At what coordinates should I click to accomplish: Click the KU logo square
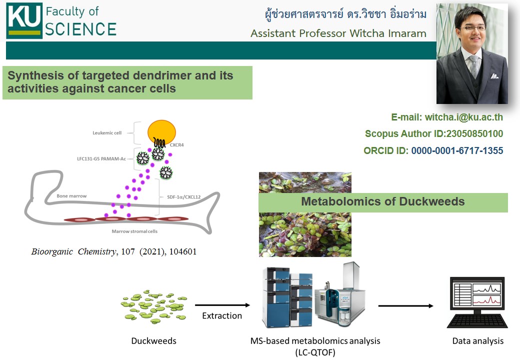point(24,21)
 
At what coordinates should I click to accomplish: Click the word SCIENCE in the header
point(80,29)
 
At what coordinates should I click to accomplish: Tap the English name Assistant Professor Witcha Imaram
point(338,33)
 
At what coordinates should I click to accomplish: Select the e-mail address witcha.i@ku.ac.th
point(464,117)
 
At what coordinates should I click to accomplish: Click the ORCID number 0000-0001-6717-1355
point(457,150)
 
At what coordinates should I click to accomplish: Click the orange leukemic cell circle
point(161,132)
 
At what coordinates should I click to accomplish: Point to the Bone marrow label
point(71,196)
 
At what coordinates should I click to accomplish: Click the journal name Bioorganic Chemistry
point(73,252)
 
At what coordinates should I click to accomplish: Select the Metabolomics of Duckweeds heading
point(382,202)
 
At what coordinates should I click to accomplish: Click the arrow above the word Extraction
point(222,305)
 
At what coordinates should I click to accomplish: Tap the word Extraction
point(222,316)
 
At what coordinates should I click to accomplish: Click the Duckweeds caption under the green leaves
point(153,341)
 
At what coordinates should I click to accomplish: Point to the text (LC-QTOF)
point(315,351)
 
